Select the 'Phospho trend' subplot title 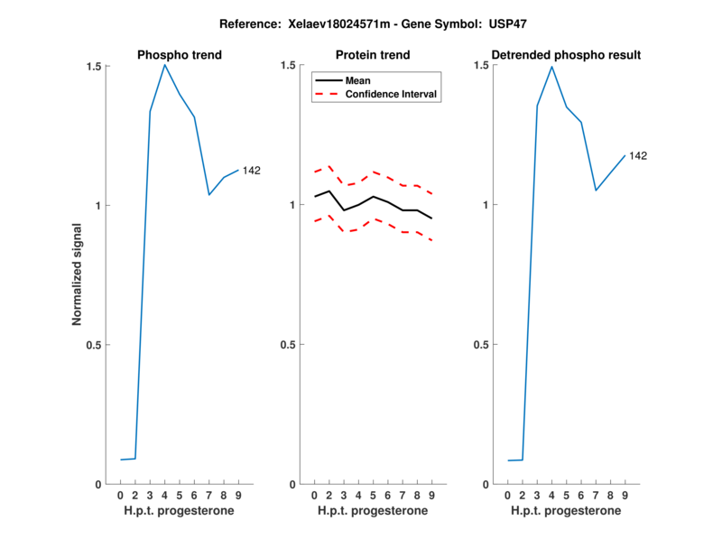[x=180, y=55]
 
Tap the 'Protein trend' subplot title [x=373, y=55]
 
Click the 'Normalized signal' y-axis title [x=79, y=275]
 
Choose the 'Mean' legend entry [x=357, y=80]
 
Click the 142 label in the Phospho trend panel [x=251, y=171]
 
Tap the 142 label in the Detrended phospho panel [x=637, y=156]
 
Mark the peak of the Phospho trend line [x=164, y=64]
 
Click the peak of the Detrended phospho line [x=551, y=67]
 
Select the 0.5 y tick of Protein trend [x=288, y=345]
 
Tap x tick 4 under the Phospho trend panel [x=164, y=496]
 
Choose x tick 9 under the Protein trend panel [x=431, y=496]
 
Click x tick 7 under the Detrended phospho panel [x=596, y=496]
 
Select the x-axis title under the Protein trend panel [x=373, y=511]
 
